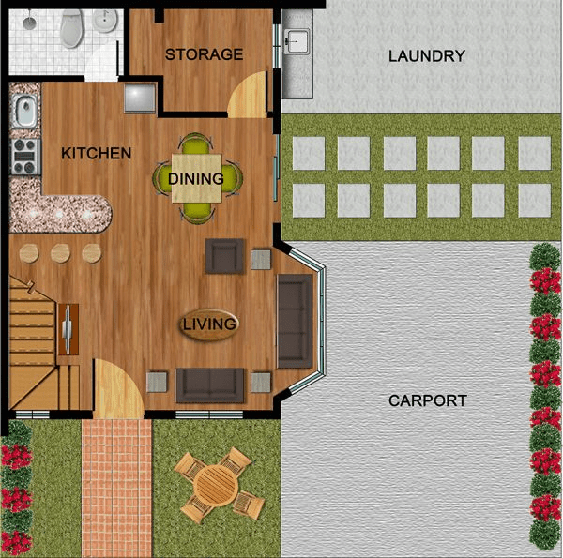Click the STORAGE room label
pos(204,54)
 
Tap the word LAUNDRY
pos(427,56)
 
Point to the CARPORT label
pos(428,400)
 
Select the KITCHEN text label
pos(97,153)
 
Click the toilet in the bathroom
pos(71,28)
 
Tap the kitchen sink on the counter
pos(25,111)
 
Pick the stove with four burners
pos(25,157)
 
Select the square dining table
pos(196,178)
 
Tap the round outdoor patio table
pos(216,485)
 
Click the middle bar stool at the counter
pos(60,253)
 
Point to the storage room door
pos(248,94)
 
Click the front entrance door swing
pos(118,388)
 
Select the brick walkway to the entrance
pos(117,488)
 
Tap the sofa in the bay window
pos(295,322)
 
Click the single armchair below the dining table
pos(225,256)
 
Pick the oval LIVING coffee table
pos(209,324)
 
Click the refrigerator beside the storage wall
pos(140,98)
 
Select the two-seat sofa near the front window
pos(210,385)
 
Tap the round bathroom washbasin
pos(105,20)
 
